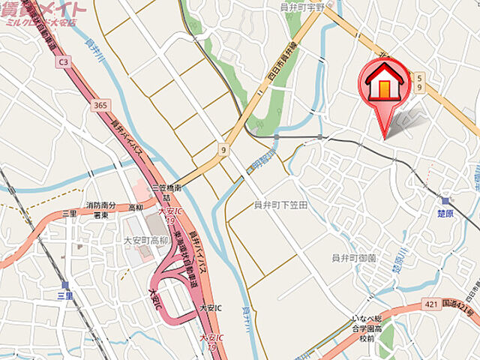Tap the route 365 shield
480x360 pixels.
coord(100,106)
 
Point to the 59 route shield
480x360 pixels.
coord(420,82)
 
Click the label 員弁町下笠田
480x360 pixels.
coord(281,205)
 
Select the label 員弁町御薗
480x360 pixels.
coord(354,258)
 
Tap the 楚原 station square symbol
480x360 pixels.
coord(446,201)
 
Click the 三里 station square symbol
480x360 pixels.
coord(65,286)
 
